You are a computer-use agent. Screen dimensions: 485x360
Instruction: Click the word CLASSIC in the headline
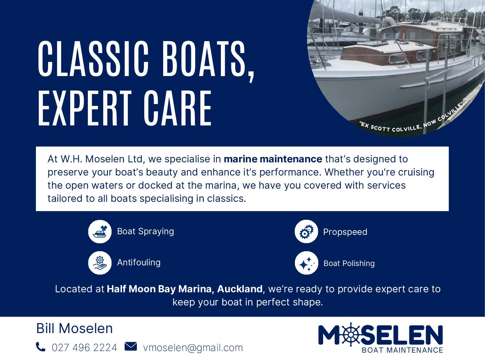coord(93,59)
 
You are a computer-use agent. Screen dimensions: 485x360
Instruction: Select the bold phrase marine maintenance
coord(273,159)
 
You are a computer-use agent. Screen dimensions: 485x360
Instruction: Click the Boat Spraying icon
coord(100,232)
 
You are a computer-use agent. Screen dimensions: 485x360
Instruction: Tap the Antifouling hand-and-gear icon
coord(100,263)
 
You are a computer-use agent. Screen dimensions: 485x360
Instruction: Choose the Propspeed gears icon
coord(306,232)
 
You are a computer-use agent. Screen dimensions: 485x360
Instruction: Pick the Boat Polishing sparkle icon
coord(306,263)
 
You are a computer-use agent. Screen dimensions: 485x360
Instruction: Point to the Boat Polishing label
coord(349,263)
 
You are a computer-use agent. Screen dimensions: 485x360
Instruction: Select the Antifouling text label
coord(139,262)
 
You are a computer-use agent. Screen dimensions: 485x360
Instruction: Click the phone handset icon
coord(40,347)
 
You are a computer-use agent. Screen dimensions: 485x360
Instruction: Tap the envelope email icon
coord(131,346)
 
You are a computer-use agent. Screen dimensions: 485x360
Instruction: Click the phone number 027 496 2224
coord(84,348)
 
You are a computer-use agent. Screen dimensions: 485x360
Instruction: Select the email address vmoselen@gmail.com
coord(193,348)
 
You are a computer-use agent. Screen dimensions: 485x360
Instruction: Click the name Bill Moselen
coord(74,329)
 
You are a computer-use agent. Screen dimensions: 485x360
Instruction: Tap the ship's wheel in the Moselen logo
coord(350,334)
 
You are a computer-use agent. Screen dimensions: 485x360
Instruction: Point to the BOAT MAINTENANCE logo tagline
coord(402,350)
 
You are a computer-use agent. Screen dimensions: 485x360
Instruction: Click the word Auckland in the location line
coord(240,289)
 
